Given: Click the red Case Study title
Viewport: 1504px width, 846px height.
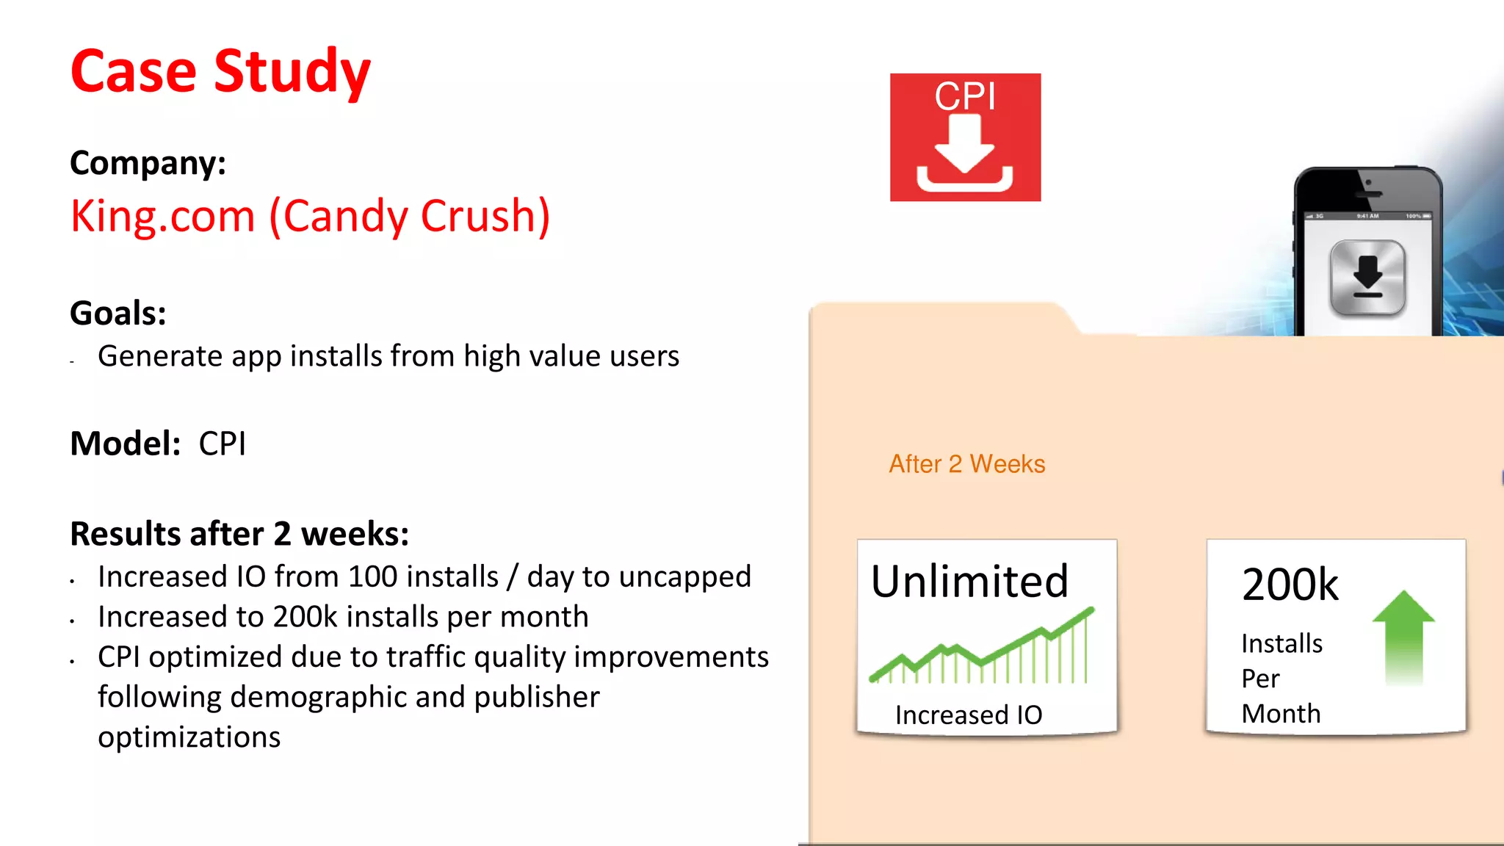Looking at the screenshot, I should pyautogui.click(x=220, y=71).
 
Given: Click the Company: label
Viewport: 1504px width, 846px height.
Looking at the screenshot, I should pyautogui.click(x=148, y=162).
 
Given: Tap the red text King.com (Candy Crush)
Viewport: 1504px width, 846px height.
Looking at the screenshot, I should pyautogui.click(x=310, y=216).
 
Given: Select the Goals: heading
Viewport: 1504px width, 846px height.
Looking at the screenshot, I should pyautogui.click(x=117, y=313).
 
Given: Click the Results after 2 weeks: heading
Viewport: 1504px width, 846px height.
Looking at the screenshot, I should pyautogui.click(x=239, y=533).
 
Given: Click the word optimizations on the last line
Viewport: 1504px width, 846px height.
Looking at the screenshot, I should pyautogui.click(x=189, y=737).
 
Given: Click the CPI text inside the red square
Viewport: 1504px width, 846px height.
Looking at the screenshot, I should pyautogui.click(x=964, y=96).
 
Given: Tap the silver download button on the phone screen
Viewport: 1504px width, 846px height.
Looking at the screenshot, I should pyautogui.click(x=1367, y=278).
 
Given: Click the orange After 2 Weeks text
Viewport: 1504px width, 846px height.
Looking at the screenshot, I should pyautogui.click(x=966, y=464).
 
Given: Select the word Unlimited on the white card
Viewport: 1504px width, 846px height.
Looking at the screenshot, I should pyautogui.click(x=969, y=582).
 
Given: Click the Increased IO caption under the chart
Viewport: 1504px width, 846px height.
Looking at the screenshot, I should pyautogui.click(x=969, y=715).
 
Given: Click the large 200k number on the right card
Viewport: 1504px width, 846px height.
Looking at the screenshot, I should pyautogui.click(x=1290, y=585).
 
